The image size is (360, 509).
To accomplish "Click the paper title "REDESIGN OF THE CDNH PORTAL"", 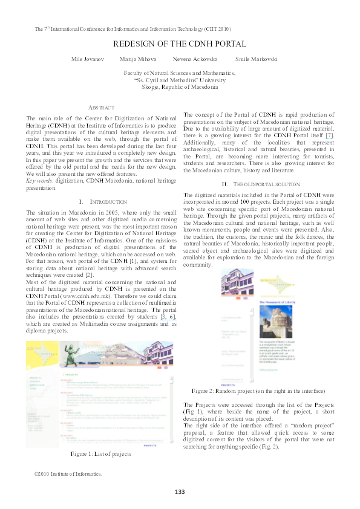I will click(180, 44).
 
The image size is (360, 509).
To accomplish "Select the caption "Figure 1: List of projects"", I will click(101, 453).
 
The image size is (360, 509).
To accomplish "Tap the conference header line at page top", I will click(133, 28).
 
